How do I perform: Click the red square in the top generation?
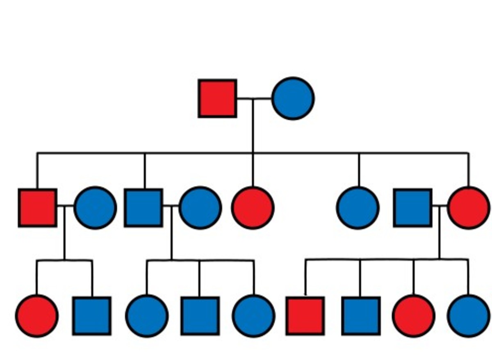click(217, 98)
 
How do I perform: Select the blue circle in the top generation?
click(293, 98)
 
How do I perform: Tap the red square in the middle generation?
click(37, 208)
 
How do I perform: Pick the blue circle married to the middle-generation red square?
click(95, 208)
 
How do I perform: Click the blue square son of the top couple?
click(143, 208)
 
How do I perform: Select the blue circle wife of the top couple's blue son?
click(200, 208)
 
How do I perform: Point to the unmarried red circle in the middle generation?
click(253, 208)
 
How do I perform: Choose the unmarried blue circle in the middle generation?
click(358, 208)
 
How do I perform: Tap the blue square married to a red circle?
click(412, 208)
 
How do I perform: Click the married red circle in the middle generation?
click(469, 208)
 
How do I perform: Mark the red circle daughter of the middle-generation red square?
click(37, 316)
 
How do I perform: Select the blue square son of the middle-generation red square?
click(92, 316)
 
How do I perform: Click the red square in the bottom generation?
click(305, 316)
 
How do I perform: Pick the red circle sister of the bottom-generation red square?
click(413, 316)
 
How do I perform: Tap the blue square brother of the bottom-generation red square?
click(361, 316)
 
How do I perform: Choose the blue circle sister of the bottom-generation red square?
click(468, 316)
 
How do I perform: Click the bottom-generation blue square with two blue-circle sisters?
click(200, 316)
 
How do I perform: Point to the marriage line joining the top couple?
click(254, 98)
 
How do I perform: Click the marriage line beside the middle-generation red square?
click(66, 206)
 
